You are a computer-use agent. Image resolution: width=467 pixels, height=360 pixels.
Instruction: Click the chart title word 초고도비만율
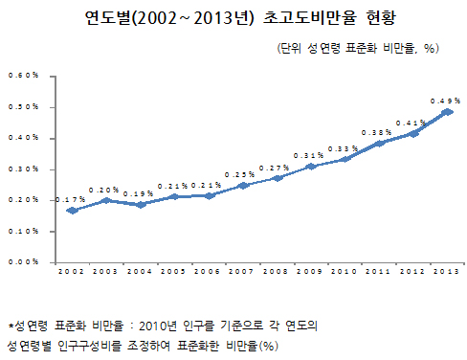tap(299, 19)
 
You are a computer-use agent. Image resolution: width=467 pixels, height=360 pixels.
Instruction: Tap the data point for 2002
tap(72, 210)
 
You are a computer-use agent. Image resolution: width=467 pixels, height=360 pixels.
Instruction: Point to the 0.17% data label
tap(70, 199)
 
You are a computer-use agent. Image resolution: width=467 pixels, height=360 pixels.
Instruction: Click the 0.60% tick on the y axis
tap(23, 76)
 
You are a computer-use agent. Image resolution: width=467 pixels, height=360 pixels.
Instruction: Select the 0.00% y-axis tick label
tap(23, 261)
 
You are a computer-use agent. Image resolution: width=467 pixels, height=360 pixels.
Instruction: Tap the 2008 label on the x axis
tap(277, 274)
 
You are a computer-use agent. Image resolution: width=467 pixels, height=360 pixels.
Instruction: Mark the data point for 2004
tap(140, 204)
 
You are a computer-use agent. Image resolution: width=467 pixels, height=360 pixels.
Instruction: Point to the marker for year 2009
tap(310, 167)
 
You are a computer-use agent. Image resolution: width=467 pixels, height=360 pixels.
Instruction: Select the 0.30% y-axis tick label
tap(23, 169)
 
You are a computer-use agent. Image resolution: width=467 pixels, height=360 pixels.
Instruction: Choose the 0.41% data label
tap(411, 124)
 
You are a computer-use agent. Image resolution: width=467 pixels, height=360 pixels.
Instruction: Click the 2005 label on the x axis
tap(174, 274)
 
